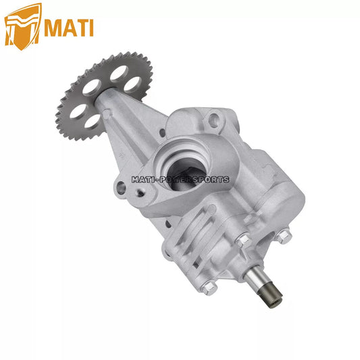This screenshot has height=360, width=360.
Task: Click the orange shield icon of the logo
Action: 22,26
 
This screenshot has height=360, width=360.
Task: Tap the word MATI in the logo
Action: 69,28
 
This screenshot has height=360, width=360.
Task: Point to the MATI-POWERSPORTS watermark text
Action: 180,179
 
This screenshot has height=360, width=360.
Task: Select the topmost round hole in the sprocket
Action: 119,73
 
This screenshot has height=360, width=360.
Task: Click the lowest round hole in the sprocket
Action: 93,121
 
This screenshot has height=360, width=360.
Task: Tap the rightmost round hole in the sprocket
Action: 132,84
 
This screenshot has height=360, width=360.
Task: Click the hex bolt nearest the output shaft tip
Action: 209,287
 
